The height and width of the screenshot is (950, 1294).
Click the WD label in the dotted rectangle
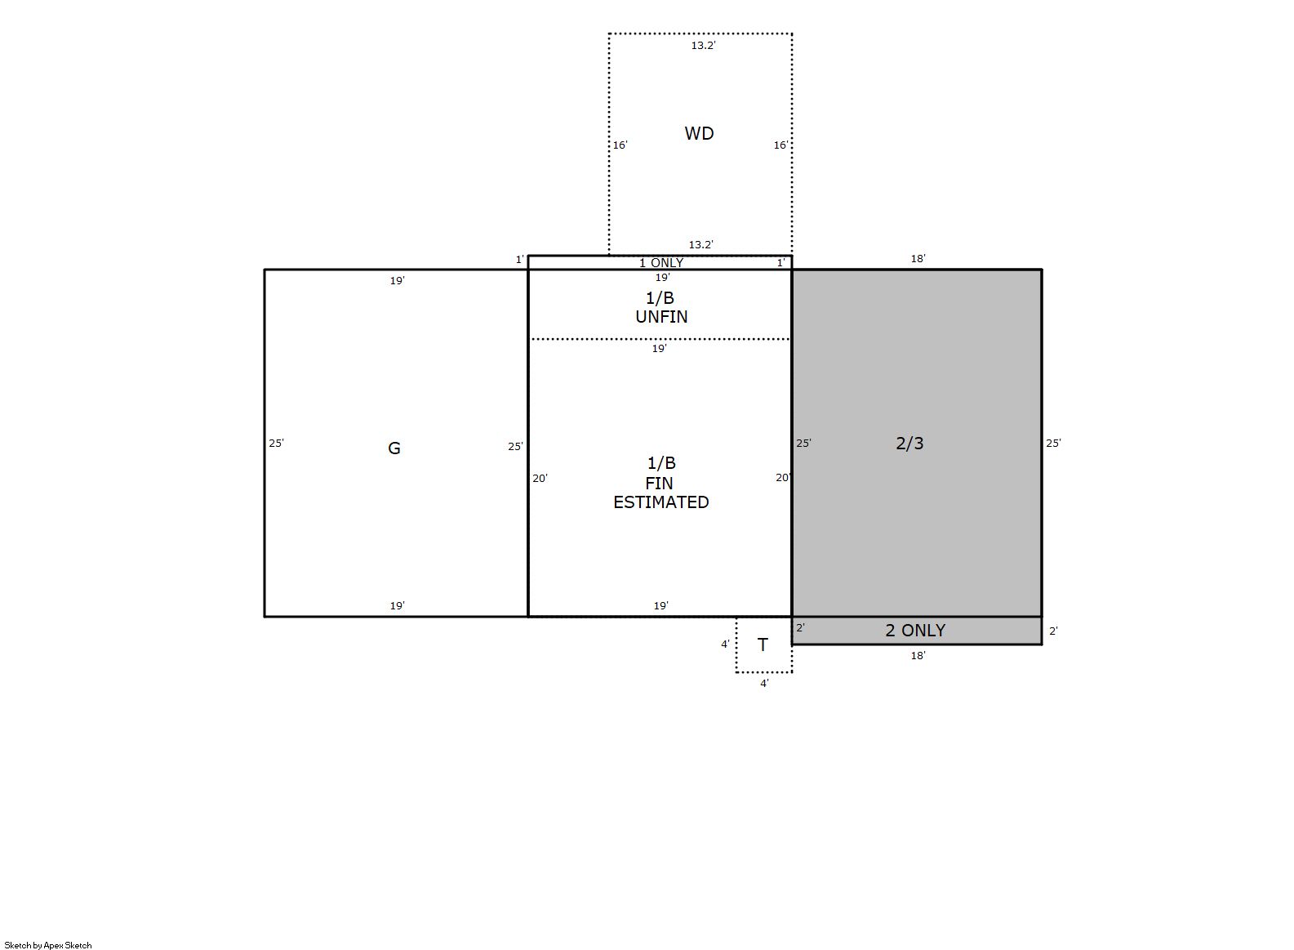pos(699,133)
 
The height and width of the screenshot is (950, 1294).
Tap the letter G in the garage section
pos(394,448)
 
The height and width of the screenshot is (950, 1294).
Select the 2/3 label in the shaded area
pos(909,444)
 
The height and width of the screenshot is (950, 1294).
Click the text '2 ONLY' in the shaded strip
pos(915,631)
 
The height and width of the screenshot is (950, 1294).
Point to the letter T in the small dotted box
pos(763,644)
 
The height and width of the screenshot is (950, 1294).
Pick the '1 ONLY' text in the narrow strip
pos(660,263)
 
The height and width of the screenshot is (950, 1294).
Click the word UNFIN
pos(661,317)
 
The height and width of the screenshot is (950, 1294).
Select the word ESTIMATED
pos(660,502)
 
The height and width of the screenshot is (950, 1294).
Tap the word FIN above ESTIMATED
pos(659,483)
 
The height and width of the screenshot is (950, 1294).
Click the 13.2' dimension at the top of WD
pos(703,46)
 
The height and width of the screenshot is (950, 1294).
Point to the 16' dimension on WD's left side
pos(620,145)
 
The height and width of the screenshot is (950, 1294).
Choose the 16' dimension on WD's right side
pos(780,145)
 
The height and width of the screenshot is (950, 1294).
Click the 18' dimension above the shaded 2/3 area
pos(918,259)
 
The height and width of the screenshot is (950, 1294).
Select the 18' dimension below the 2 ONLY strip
pos(918,655)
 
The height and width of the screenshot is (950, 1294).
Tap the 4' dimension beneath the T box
pos(764,684)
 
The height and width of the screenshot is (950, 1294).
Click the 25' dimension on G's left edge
pos(276,444)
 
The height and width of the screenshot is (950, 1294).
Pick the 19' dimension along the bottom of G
pos(397,605)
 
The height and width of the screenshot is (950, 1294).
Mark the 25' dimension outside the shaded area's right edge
pos(1053,444)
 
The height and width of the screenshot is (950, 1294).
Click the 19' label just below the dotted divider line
pos(659,349)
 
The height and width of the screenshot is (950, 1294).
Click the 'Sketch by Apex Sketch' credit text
pos(48,945)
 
